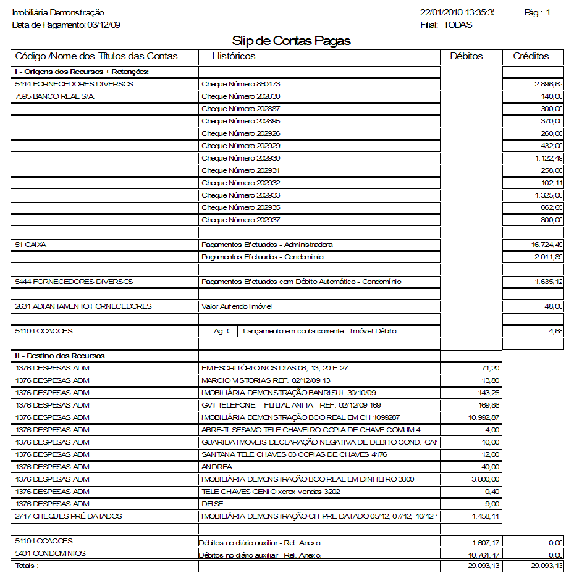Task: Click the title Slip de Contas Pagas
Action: (291, 41)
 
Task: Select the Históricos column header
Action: (234, 56)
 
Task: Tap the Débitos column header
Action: (466, 56)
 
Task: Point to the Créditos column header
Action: (531, 56)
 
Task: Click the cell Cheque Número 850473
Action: (241, 84)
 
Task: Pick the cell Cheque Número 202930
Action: (241, 158)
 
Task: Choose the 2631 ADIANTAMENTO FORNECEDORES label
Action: (83, 306)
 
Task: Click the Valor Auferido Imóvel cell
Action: (237, 306)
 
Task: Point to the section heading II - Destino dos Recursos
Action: (60, 356)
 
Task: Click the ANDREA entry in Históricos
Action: (217, 467)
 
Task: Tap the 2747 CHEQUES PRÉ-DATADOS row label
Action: (69, 516)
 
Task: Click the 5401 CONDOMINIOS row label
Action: (51, 553)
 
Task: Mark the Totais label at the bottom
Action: (27, 566)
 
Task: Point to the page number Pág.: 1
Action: (537, 12)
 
